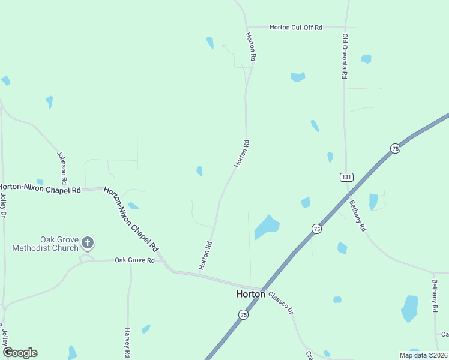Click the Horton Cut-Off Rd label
click(x=296, y=27)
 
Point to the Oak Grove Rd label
click(x=134, y=260)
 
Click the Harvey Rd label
click(x=127, y=342)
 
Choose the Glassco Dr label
click(x=280, y=303)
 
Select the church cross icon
click(x=88, y=243)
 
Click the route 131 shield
click(x=346, y=177)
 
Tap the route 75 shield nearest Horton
click(x=243, y=314)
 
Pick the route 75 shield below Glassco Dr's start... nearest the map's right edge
click(x=394, y=148)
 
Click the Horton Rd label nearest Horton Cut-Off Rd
click(x=251, y=47)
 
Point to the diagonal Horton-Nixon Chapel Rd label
click(x=131, y=218)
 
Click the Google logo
click(x=20, y=352)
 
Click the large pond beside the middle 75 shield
click(x=267, y=227)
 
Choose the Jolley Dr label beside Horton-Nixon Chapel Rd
click(x=3, y=205)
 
